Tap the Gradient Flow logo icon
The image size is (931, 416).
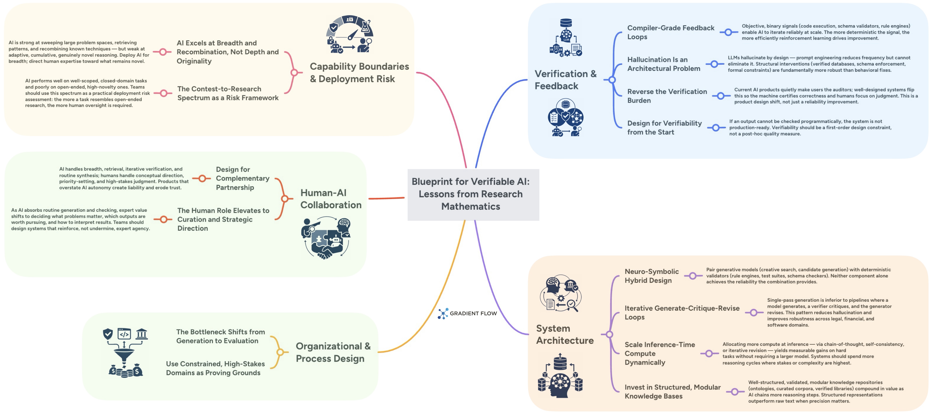pyautogui.click(x=443, y=313)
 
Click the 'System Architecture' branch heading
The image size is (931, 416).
pyautogui.click(x=565, y=334)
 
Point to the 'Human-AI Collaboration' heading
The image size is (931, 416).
pyautogui.click(x=330, y=199)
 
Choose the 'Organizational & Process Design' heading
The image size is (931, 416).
pyautogui.click(x=333, y=352)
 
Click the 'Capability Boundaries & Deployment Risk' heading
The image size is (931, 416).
pyautogui.click(x=359, y=72)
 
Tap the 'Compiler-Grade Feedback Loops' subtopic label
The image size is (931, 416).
pyautogui.click(x=670, y=32)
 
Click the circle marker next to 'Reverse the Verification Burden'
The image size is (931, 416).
pyautogui.click(x=721, y=96)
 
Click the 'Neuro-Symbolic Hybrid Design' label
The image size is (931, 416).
pyautogui.click(x=651, y=276)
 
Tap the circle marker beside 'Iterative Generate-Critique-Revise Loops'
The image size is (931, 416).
pyautogui.click(x=753, y=313)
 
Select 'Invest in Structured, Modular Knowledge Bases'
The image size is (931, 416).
pyautogui.click(x=672, y=391)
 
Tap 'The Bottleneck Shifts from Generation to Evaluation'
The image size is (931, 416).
pyautogui.click(x=220, y=336)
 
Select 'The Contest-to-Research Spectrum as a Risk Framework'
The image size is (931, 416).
pyautogui.click(x=228, y=93)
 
